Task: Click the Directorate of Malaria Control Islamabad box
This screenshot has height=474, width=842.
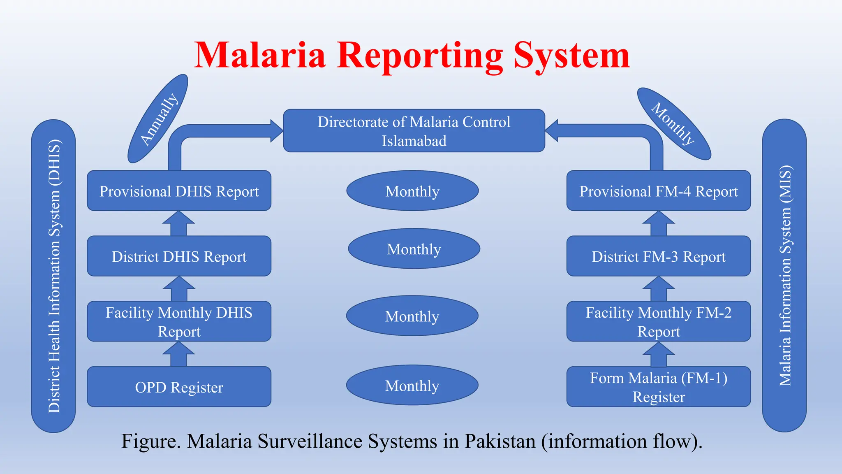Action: click(414, 131)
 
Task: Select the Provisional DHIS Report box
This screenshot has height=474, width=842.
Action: click(179, 191)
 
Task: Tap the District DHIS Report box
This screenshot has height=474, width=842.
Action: click(179, 256)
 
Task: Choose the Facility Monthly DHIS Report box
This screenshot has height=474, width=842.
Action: click(179, 321)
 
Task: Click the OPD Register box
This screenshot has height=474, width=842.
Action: click(179, 387)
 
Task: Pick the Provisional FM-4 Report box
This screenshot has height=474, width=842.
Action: click(659, 191)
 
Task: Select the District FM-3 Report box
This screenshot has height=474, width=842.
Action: click(659, 256)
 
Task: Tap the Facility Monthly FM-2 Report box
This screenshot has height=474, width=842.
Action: click(659, 321)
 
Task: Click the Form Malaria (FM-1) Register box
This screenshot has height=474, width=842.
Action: click(659, 387)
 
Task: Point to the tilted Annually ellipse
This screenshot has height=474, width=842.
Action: click(158, 118)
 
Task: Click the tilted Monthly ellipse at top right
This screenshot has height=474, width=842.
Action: click(673, 123)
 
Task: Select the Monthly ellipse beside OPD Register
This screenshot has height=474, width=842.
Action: click(412, 385)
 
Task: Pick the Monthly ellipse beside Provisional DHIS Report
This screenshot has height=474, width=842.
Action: click(412, 191)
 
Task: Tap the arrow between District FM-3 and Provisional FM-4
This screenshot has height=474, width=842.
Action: click(659, 223)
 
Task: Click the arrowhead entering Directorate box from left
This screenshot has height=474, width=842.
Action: click(276, 131)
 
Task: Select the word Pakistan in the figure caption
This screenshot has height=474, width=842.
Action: click(500, 441)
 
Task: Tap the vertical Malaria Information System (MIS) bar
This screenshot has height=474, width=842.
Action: click(784, 276)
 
